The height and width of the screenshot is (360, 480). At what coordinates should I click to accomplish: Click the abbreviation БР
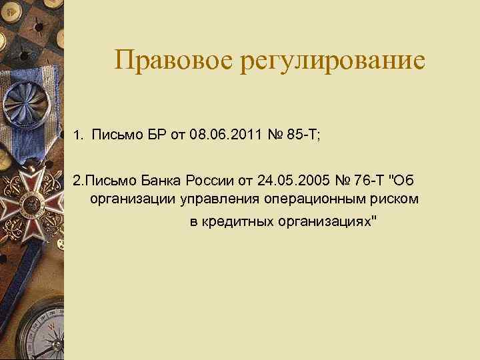pyautogui.click(x=154, y=136)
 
